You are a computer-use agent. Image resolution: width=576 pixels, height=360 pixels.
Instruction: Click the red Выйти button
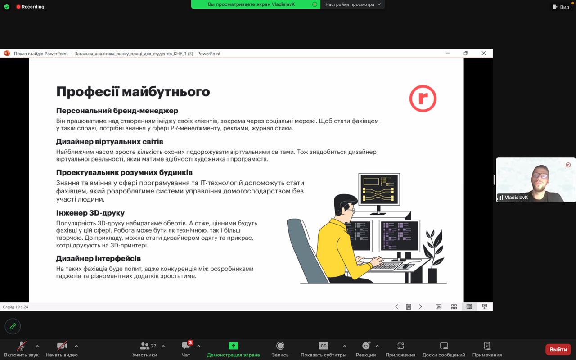558,349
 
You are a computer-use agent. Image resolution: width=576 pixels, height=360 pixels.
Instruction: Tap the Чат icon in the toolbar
186,346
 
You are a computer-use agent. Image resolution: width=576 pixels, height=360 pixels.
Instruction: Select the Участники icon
144,346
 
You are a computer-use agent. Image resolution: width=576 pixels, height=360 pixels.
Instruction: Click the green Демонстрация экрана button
234,346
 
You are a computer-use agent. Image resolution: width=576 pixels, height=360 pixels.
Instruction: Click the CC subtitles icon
323,346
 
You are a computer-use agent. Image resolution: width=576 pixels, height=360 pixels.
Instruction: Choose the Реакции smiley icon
366,346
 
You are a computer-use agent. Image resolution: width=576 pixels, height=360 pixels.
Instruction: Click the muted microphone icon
21,346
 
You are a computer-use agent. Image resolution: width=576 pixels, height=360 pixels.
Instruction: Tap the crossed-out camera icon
62,346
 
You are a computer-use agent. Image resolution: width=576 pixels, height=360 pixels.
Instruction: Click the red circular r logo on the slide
423,99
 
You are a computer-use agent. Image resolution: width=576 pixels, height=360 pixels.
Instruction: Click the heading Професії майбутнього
133,91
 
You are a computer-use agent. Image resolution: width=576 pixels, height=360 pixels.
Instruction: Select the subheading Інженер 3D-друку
90,213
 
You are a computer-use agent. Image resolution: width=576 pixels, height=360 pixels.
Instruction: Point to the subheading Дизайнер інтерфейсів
98,258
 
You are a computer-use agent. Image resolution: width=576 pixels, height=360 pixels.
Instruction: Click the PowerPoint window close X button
484,53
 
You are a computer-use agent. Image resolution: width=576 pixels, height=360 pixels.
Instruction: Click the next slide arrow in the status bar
420,306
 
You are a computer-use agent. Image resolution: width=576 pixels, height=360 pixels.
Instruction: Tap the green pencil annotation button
13,326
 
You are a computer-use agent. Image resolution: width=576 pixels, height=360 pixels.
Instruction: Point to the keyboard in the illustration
386,266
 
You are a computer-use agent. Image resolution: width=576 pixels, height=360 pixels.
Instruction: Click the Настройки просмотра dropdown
352,4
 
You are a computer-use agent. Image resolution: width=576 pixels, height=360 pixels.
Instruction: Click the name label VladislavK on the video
516,198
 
